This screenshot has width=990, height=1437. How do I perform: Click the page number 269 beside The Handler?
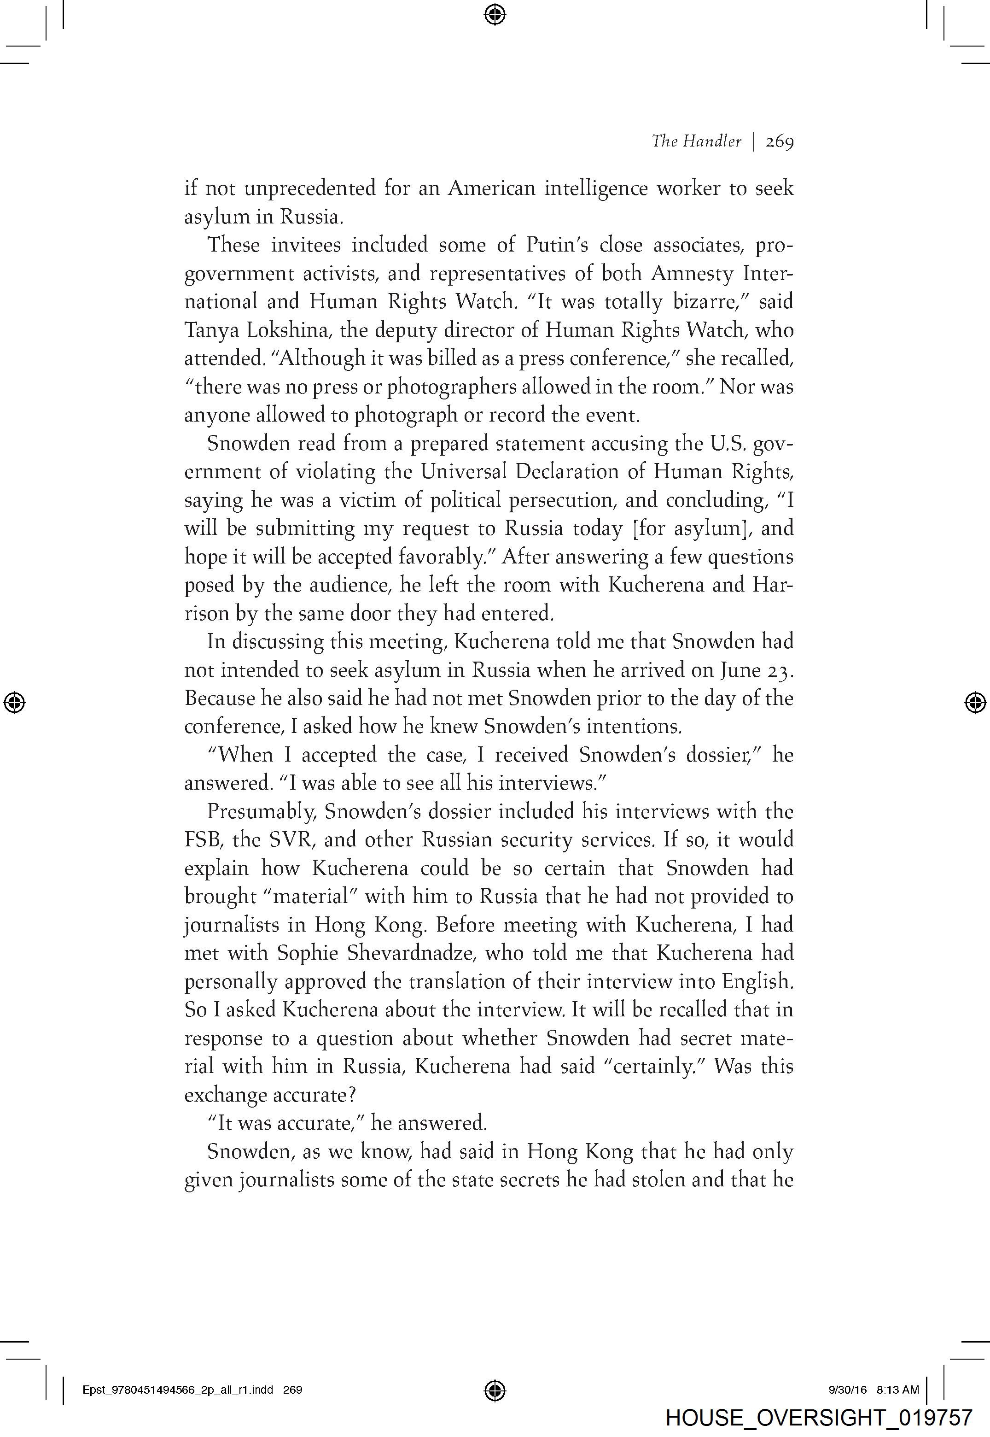click(779, 142)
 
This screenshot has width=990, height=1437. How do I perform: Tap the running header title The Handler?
click(696, 142)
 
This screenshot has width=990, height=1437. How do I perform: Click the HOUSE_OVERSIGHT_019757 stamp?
click(819, 1418)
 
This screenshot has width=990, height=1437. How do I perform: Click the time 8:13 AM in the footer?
click(897, 1390)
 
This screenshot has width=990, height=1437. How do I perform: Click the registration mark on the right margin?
click(976, 702)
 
